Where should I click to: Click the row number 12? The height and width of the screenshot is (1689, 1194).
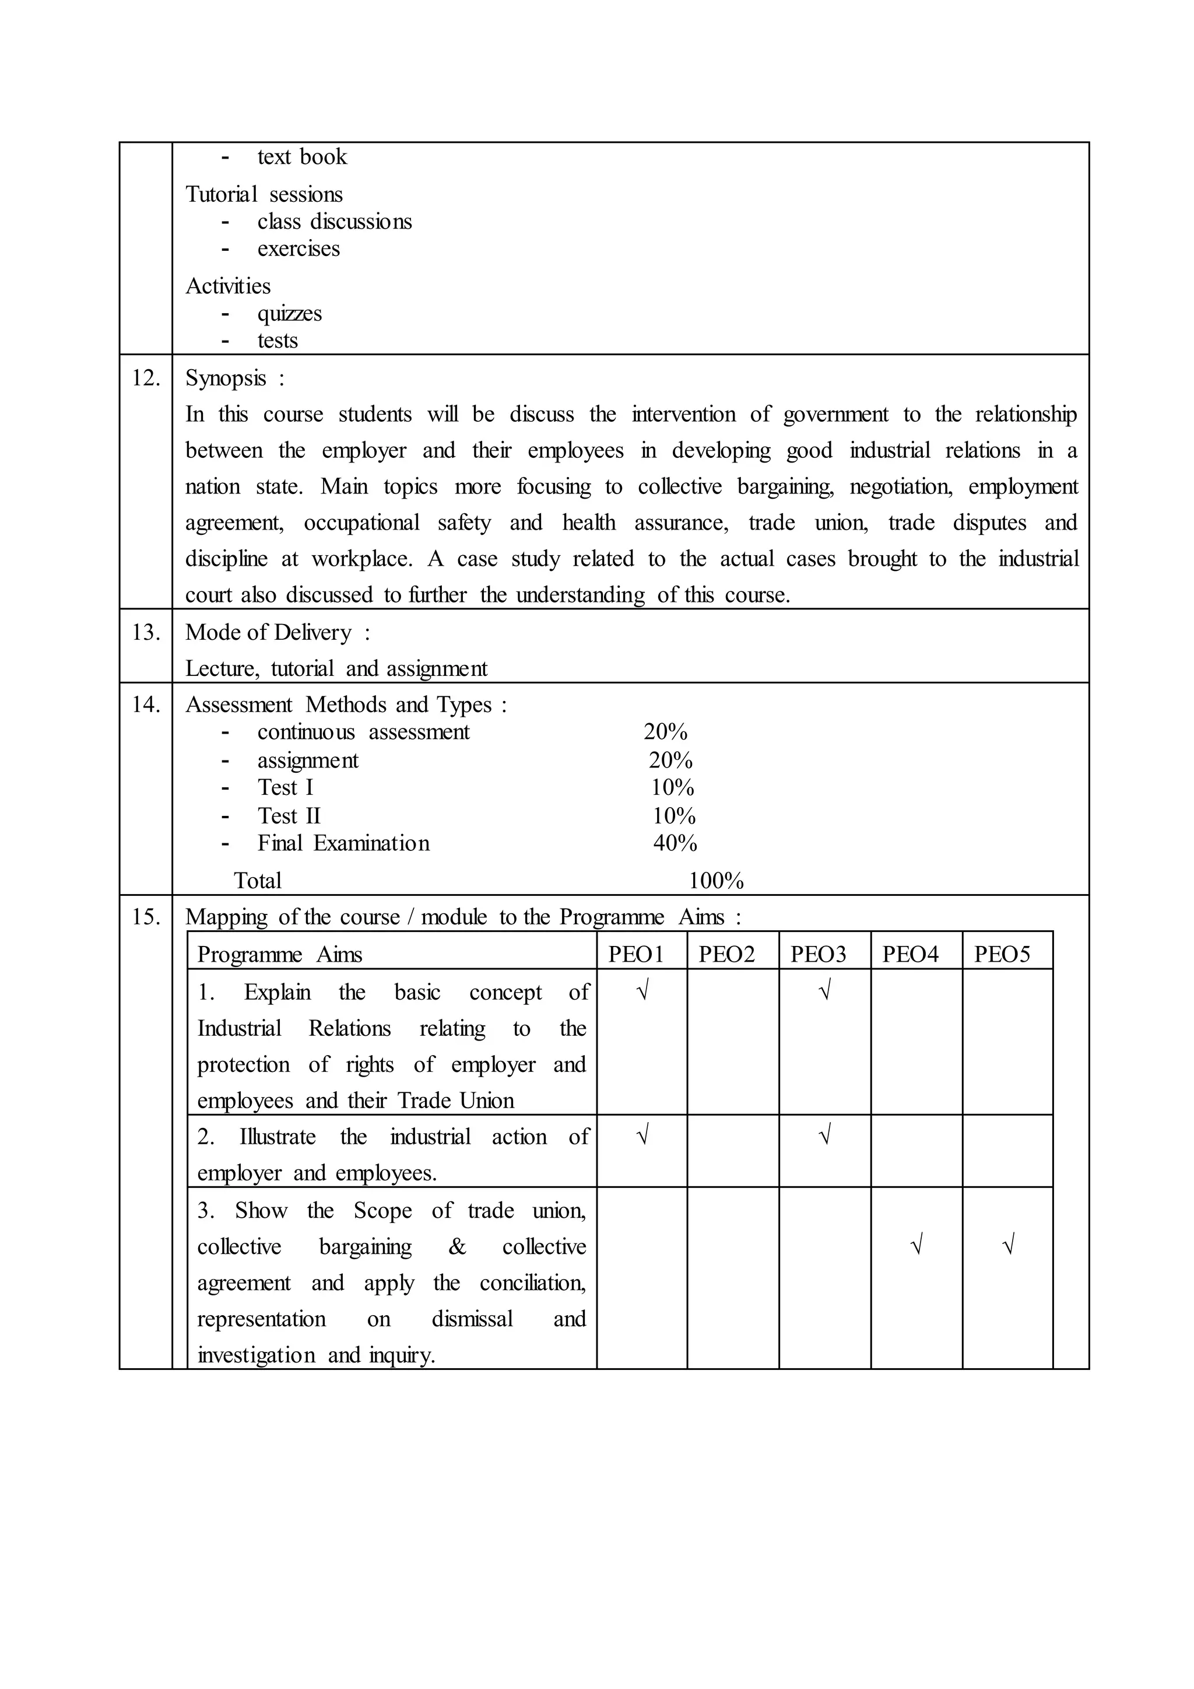pos(146,378)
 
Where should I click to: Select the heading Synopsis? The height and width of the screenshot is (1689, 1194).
pos(226,378)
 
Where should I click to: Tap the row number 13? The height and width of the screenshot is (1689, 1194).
pos(146,632)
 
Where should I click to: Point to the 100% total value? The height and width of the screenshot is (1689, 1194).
pos(716,881)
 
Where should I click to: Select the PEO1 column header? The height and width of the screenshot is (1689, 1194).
pos(636,954)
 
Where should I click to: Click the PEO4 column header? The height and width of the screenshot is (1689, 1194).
pos(910,954)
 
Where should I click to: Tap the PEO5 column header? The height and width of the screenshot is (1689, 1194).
pos(1002,954)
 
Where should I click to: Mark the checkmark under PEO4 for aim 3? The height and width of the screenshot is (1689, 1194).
pos(916,1245)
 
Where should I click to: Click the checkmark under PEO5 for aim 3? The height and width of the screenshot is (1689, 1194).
pos(1008,1245)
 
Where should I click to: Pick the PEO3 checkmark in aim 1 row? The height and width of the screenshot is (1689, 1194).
pos(824,991)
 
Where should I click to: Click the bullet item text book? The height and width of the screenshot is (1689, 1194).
pos(301,157)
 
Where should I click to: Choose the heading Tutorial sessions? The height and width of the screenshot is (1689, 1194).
pos(264,194)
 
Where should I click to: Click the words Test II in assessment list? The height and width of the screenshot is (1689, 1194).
pos(289,816)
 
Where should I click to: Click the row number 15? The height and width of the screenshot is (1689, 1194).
pos(146,917)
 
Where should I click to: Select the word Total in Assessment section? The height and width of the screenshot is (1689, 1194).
pos(257,881)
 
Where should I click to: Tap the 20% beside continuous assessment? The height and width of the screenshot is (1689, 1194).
pos(665,732)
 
